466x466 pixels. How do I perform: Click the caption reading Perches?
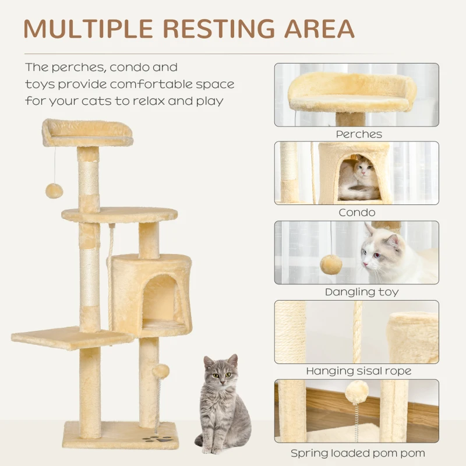pyautogui.click(x=359, y=134)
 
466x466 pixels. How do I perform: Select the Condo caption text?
pyautogui.click(x=356, y=213)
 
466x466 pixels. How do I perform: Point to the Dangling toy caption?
pyautogui.click(x=361, y=292)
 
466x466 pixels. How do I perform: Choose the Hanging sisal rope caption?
pyautogui.click(x=358, y=371)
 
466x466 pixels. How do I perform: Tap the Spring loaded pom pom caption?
pyautogui.click(x=358, y=453)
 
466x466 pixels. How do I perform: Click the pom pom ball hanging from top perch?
pyautogui.click(x=54, y=190)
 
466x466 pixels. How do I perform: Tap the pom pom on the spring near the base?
pyautogui.click(x=161, y=370)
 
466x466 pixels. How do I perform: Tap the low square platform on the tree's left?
pyautogui.click(x=70, y=337)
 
